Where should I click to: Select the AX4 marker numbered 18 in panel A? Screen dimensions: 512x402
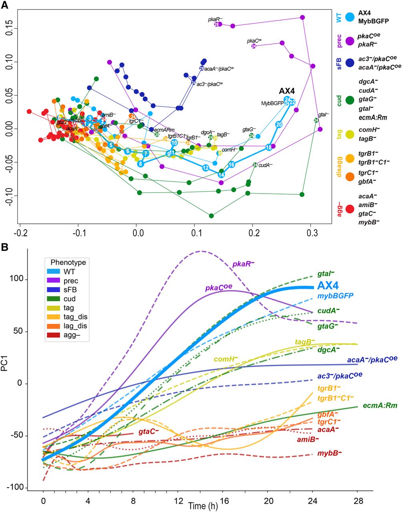coord(269,148)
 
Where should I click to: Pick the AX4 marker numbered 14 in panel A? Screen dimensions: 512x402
coord(221,174)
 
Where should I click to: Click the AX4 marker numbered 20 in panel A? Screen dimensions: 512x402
coord(279,124)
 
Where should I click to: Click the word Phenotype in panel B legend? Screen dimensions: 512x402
coord(68,263)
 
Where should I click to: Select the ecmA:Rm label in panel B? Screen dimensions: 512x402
coord(380,406)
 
